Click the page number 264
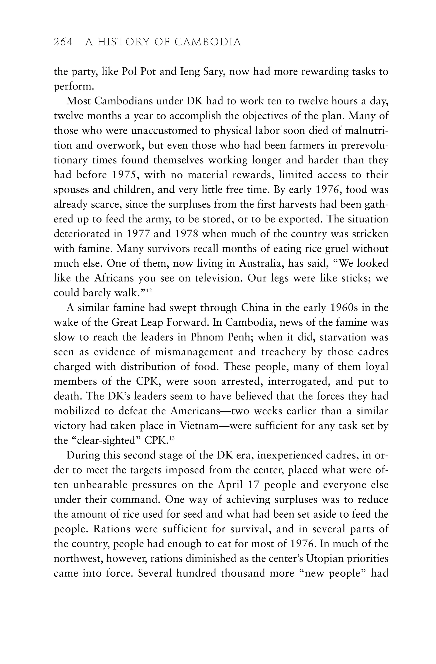tap(63, 42)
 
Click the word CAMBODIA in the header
tap(208, 42)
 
